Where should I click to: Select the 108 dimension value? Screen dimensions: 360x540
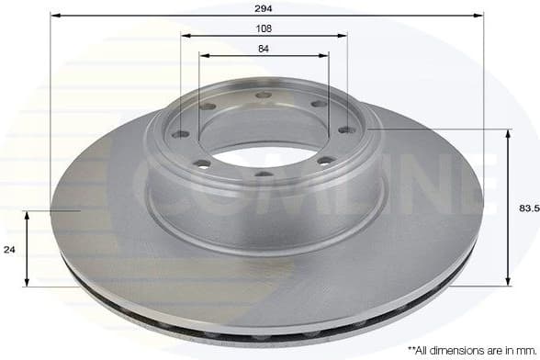click(264, 28)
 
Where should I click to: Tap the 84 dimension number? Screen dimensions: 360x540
click(264, 48)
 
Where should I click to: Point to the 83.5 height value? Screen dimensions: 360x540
click(528, 208)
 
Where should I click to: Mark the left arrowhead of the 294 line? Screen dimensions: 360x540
click(54, 15)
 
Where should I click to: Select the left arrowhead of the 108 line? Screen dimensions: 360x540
click(185, 36)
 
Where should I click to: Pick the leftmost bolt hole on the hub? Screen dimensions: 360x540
click(181, 134)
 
